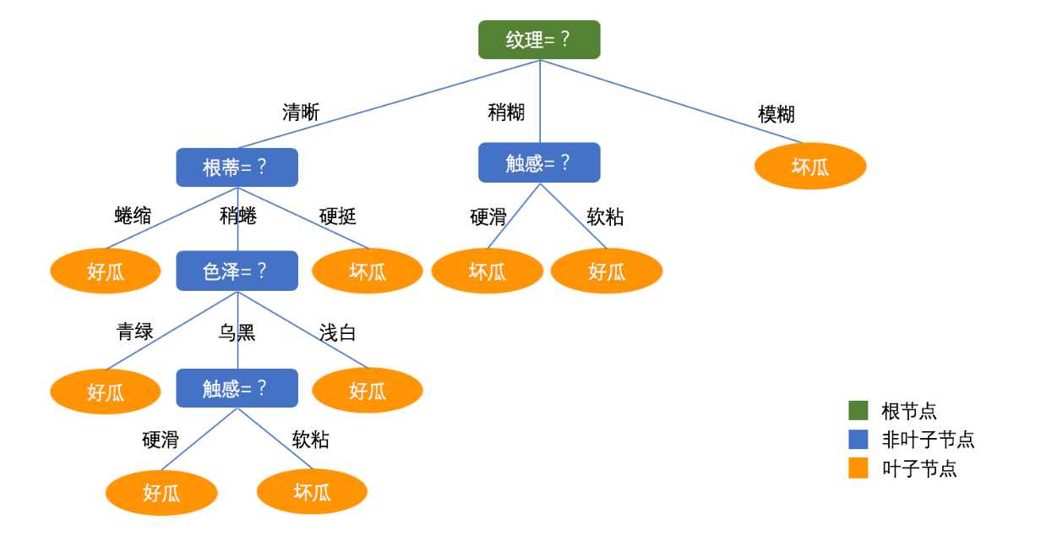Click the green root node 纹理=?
[x=539, y=40]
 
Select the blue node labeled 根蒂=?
[x=237, y=167]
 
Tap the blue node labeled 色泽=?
[x=237, y=271]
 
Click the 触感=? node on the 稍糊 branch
[x=539, y=162]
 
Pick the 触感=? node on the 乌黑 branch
[x=237, y=388]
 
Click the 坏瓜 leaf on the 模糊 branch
[x=809, y=166]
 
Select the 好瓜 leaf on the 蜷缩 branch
[x=106, y=271]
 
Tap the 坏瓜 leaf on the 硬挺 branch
[x=368, y=271]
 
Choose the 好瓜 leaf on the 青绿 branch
[x=106, y=391]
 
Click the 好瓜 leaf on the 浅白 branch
[x=368, y=391]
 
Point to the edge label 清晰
[x=301, y=112]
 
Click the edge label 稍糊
[x=506, y=112]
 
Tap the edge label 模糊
[x=776, y=114]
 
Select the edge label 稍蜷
[x=237, y=216]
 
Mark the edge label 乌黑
[x=237, y=332]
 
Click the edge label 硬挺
[x=337, y=216]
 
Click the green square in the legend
[x=858, y=411]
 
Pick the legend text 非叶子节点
[x=928, y=440]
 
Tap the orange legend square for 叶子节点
[x=858, y=468]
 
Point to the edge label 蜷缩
[x=133, y=216]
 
